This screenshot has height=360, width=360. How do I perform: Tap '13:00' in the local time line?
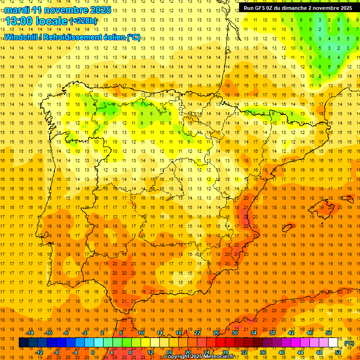click(x=19, y=21)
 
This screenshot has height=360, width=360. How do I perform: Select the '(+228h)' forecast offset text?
click(x=83, y=21)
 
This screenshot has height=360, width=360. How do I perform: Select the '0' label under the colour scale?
click(x=93, y=352)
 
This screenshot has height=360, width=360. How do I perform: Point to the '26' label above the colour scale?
click(x=216, y=333)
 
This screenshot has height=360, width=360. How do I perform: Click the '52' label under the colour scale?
click(x=338, y=352)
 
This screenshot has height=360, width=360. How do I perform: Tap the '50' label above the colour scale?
click(x=329, y=333)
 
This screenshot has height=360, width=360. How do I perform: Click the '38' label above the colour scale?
click(x=272, y=333)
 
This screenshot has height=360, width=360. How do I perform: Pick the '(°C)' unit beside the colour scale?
click(x=349, y=343)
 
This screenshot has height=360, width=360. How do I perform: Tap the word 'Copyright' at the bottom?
click(x=178, y=357)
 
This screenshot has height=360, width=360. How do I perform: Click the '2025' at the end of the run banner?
click(x=345, y=8)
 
